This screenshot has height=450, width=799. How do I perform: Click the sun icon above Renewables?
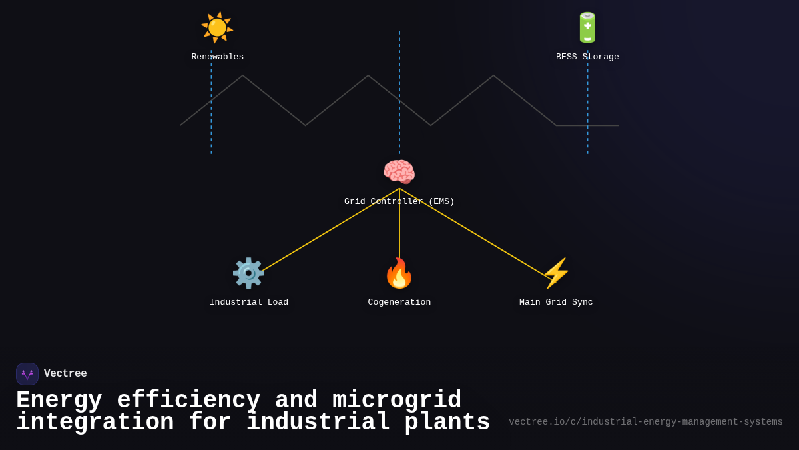point(217,27)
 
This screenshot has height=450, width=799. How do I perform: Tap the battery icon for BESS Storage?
point(587,27)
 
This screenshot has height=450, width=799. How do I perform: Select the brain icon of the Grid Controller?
point(399,172)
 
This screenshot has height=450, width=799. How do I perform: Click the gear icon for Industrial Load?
point(248,273)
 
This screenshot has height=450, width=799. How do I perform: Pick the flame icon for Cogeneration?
point(399,273)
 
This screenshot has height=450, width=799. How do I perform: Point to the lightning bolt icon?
point(556,273)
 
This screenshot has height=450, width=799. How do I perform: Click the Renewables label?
point(217,57)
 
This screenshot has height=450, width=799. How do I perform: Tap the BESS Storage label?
point(587,57)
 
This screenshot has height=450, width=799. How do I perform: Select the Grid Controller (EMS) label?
point(399,201)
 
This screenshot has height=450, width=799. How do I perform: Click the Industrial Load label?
point(248,303)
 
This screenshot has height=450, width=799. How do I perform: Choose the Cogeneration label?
point(399,303)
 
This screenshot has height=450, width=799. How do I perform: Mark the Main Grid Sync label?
point(556,303)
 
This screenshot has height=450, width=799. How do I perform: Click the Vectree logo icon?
point(27,374)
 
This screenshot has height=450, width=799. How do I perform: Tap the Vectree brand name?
point(65,374)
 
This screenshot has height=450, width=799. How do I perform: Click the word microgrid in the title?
point(397,401)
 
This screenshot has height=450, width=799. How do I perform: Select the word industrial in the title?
point(318,423)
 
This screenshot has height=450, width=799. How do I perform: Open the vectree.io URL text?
point(645,422)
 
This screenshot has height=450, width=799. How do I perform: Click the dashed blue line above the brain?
point(400,93)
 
